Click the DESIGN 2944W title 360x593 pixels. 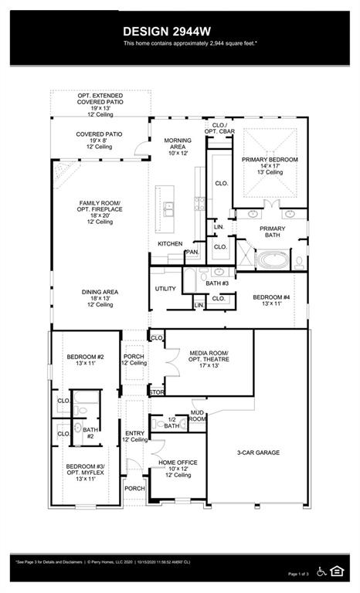(167, 30)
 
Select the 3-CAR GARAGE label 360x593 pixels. (258, 452)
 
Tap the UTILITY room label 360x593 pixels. (165, 289)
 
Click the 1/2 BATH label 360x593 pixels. (172, 422)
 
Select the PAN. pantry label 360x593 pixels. (192, 252)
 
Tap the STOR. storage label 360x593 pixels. (157, 392)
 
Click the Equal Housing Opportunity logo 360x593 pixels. (337, 571)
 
